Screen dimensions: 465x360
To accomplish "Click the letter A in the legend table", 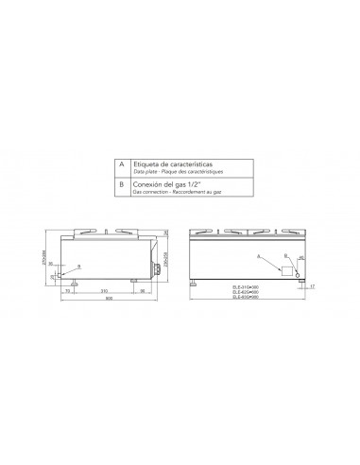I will (120, 164).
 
